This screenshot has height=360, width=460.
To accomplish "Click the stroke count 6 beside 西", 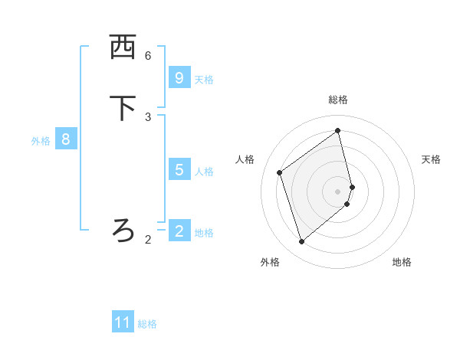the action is coord(148,56).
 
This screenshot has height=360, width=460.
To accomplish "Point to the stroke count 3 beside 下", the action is coord(148,116).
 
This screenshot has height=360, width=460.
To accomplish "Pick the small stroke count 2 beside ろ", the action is coord(148,240).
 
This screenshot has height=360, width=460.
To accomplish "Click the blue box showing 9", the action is coord(179,77).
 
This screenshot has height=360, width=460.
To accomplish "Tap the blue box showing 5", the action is coord(179,169).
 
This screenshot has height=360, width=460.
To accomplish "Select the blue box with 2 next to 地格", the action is coord(179,231).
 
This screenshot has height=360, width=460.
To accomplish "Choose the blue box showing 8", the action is coord(66,139).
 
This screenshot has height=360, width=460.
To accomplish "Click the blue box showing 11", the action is coord(123,322).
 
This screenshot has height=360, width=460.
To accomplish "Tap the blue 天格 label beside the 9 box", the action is coord(204,79).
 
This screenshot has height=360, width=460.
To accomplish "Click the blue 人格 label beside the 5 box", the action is coord(204,171).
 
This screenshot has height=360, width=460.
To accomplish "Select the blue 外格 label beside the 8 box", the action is coord(41,141).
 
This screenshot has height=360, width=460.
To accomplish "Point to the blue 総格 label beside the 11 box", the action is coord(147,324).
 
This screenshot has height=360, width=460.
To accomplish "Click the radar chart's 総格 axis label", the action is coord(338,100).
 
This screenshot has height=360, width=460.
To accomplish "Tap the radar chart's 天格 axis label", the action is coord(431,159).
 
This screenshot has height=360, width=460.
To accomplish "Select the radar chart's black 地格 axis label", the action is coord(402,262).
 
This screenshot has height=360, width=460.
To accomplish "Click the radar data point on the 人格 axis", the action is coord(280,172).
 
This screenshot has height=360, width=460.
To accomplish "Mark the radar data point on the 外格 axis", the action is coord(301,242).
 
